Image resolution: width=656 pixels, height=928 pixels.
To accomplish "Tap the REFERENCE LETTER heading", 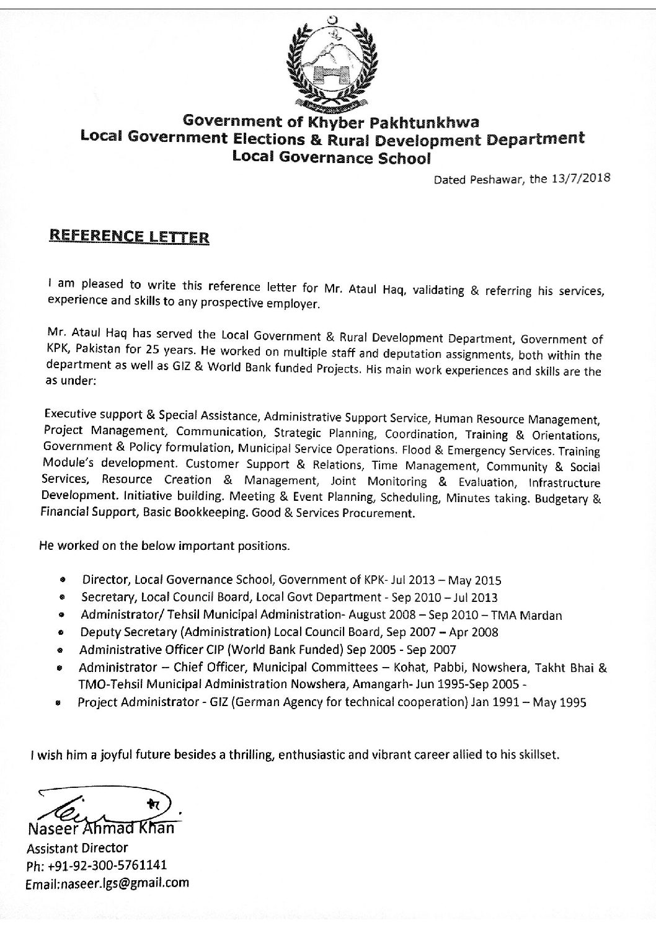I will coord(129,237).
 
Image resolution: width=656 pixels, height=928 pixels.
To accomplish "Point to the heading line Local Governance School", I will coord(330,157).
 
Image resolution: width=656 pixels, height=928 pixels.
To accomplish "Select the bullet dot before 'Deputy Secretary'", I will coord(61,634).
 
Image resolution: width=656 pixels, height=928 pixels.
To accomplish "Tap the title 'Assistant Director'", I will coord(77,848).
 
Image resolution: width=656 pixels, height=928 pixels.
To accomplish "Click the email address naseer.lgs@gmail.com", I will coord(107,883).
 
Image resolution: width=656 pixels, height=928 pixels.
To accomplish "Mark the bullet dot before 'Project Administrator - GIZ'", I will coord(58,704).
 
